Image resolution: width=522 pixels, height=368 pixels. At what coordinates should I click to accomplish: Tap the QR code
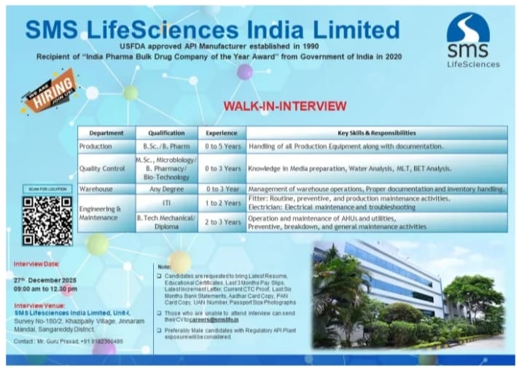pyautogui.click(x=47, y=221)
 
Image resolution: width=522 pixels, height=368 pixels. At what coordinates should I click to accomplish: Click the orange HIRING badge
pyautogui.click(x=49, y=91)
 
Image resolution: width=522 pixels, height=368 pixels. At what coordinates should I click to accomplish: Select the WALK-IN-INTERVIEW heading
pyautogui.click(x=285, y=107)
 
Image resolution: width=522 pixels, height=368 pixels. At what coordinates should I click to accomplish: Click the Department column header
pyautogui.click(x=106, y=134)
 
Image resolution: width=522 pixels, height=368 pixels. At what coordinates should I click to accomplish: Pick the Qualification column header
pyautogui.click(x=166, y=134)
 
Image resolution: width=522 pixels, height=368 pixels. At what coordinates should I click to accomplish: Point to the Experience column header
pyautogui.click(x=222, y=134)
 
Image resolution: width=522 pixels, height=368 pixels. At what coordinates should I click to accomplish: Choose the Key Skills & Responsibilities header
pyautogui.click(x=377, y=134)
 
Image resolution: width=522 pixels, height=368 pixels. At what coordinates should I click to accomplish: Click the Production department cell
pyautogui.click(x=96, y=147)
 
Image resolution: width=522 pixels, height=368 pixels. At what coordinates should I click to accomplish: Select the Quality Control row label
pyautogui.click(x=103, y=169)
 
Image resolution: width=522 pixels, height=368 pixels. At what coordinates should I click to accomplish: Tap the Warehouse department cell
pyautogui.click(x=97, y=189)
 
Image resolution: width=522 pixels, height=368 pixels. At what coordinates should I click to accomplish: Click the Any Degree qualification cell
pyautogui.click(x=166, y=189)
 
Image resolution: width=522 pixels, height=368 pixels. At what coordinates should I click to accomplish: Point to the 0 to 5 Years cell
pyautogui.click(x=222, y=147)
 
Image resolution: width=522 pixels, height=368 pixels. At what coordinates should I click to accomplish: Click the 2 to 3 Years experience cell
pyautogui.click(x=222, y=222)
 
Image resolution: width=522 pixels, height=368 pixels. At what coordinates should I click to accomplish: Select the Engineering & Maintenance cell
pyautogui.click(x=101, y=212)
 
